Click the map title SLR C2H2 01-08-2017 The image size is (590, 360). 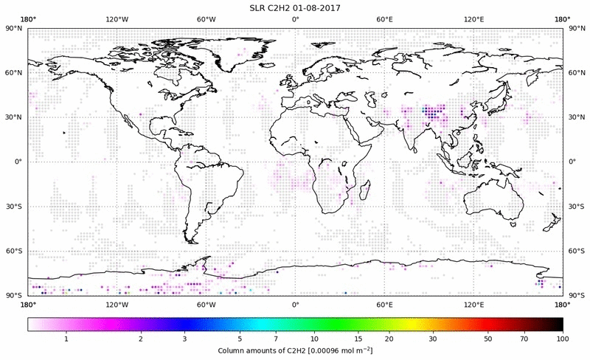tap(295, 7)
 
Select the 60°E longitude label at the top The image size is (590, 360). tap(384, 19)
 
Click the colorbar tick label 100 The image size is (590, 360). tap(563, 338)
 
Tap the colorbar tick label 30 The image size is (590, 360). tap(433, 338)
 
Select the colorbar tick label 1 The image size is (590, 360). tap(66, 338)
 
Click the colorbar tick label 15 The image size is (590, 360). tap(357, 338)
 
